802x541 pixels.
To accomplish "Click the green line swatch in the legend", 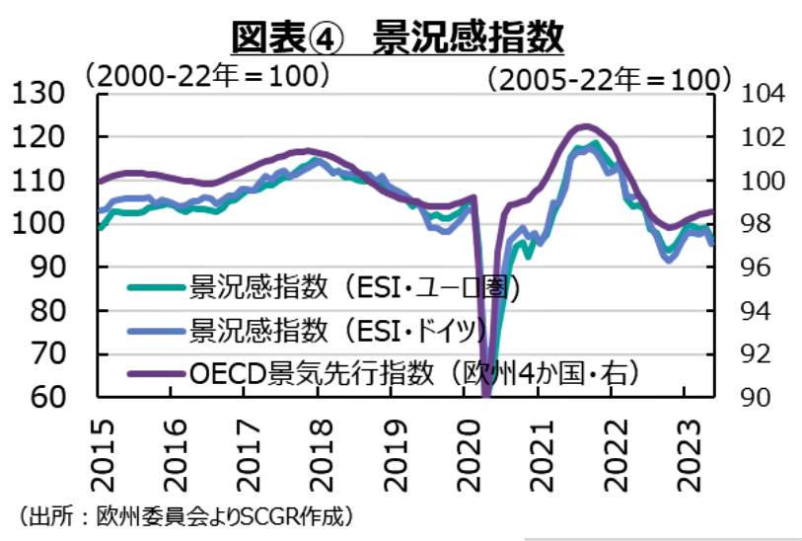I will pos(157,288).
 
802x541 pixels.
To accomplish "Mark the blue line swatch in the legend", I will pos(157,329).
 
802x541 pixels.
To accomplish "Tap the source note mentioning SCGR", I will pos(185,515).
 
